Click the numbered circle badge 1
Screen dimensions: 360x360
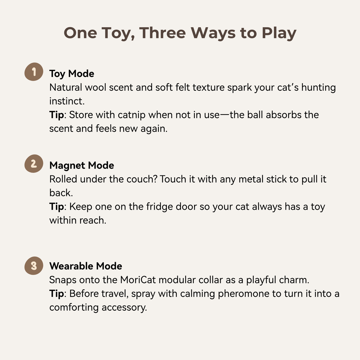click(34, 72)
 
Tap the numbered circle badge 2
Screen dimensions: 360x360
click(34, 163)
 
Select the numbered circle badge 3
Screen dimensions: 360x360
click(34, 266)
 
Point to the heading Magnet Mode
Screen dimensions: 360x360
click(82, 166)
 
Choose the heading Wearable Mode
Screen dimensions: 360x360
click(86, 266)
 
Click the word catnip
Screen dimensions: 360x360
click(132, 115)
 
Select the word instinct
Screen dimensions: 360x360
click(67, 101)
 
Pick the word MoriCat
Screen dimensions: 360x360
click(138, 280)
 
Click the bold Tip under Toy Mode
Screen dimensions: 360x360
click(57, 115)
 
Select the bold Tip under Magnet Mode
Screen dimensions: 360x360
click(57, 207)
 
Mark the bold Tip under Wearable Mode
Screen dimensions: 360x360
click(57, 294)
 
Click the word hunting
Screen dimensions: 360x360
click(318, 88)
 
